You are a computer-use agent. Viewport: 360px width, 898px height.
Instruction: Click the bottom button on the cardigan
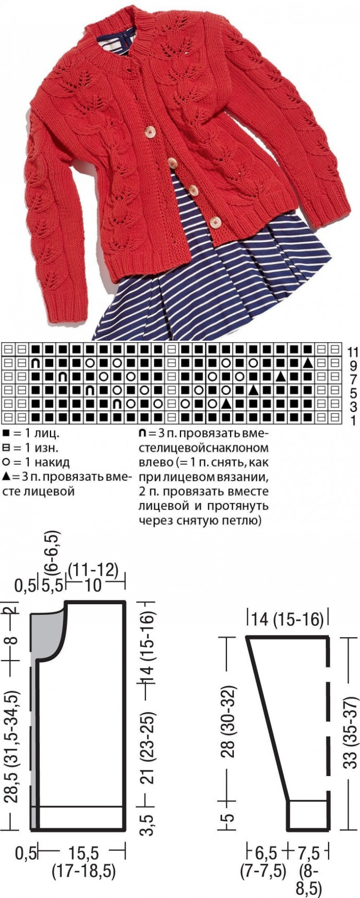pyautogui.click(x=217, y=220)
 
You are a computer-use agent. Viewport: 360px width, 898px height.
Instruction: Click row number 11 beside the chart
pyautogui.click(x=353, y=352)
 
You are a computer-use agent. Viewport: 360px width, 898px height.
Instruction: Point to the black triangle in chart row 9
pyautogui.click(x=307, y=363)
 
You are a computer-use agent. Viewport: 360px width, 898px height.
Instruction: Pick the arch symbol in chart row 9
pyautogui.click(x=35, y=363)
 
